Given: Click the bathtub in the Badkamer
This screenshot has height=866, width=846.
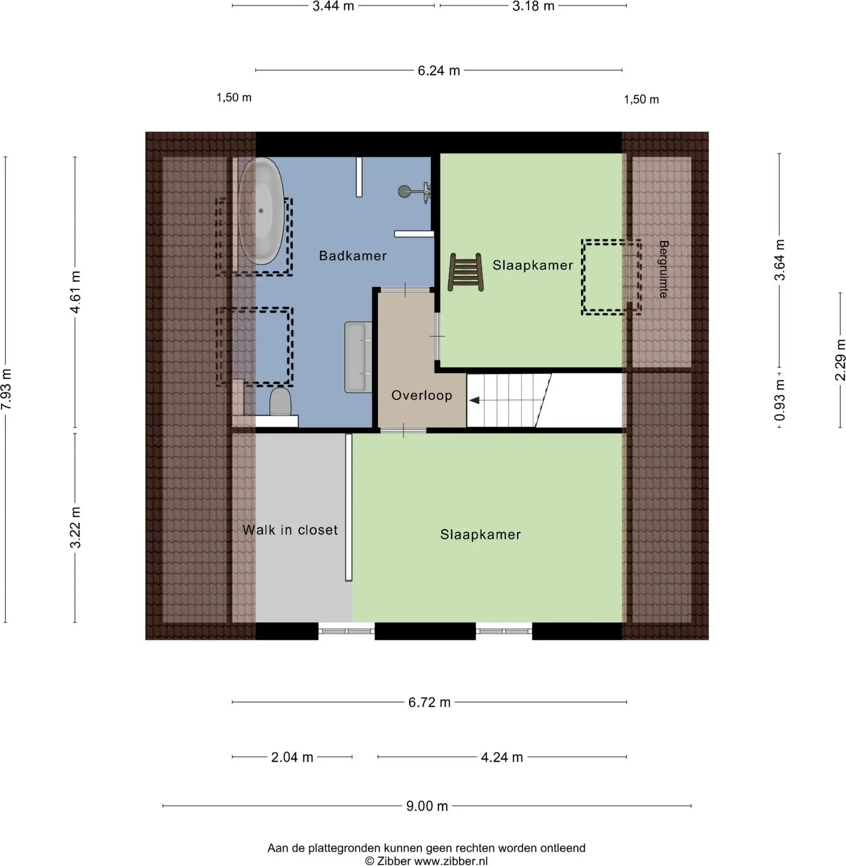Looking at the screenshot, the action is pyautogui.click(x=261, y=211).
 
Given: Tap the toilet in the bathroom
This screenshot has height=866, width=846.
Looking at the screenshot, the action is pyautogui.click(x=280, y=401).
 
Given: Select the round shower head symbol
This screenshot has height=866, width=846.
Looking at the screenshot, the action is pyautogui.click(x=404, y=192).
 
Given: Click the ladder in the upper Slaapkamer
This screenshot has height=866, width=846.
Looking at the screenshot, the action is pyautogui.click(x=466, y=272).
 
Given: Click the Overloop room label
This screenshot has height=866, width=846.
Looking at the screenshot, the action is pyautogui.click(x=421, y=396).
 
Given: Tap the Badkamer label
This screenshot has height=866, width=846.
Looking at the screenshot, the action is pyautogui.click(x=353, y=256).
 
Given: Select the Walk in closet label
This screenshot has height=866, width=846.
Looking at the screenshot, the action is pyautogui.click(x=290, y=530).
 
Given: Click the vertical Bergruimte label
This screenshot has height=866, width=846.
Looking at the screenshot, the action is pyautogui.click(x=663, y=269).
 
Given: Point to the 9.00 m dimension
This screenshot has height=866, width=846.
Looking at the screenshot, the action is pyautogui.click(x=427, y=806).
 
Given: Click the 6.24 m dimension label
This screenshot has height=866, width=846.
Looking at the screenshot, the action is pyautogui.click(x=439, y=71).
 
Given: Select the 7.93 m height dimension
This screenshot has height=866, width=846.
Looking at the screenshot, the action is pyautogui.click(x=6, y=389).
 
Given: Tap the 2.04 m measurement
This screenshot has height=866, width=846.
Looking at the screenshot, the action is pyautogui.click(x=292, y=757).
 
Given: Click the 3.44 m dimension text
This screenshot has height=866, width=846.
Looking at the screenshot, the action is pyautogui.click(x=333, y=6).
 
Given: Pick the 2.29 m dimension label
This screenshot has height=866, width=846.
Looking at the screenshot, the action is pyautogui.click(x=840, y=360).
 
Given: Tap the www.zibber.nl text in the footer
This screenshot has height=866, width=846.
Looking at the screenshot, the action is pyautogui.click(x=451, y=861).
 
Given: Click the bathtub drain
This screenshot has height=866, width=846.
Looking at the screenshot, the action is pyautogui.click(x=261, y=211).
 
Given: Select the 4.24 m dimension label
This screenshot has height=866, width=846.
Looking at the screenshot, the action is pyautogui.click(x=502, y=757).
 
